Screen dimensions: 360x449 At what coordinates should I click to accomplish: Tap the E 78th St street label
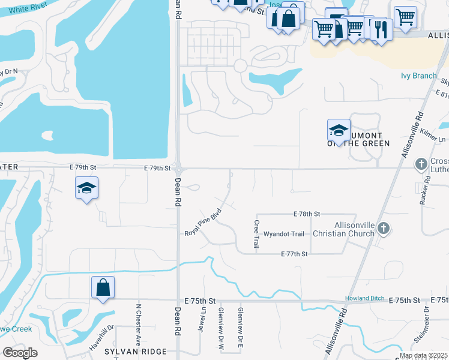pos(307,214)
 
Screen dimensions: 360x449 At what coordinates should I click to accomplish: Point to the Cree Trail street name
pos(256,234)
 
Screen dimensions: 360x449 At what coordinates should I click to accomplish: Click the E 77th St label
pos(294,254)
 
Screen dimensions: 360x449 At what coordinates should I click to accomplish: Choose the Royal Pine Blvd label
pos(203,223)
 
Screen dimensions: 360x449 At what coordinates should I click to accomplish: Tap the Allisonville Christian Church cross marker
pos(385,228)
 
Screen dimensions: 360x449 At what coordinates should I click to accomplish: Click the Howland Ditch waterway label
pos(363,299)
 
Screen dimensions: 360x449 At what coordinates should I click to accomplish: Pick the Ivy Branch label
pos(418,76)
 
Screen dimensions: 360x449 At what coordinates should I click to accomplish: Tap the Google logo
pos(20,353)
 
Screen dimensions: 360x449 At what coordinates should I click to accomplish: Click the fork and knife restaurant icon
pos(381,29)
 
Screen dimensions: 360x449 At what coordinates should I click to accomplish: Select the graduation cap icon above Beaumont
pos(339,130)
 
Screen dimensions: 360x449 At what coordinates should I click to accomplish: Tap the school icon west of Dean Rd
pos(87,188)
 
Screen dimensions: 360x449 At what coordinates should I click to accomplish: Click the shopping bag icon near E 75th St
pos(103,287)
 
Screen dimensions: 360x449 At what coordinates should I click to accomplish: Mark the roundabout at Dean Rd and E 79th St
pos(178,169)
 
